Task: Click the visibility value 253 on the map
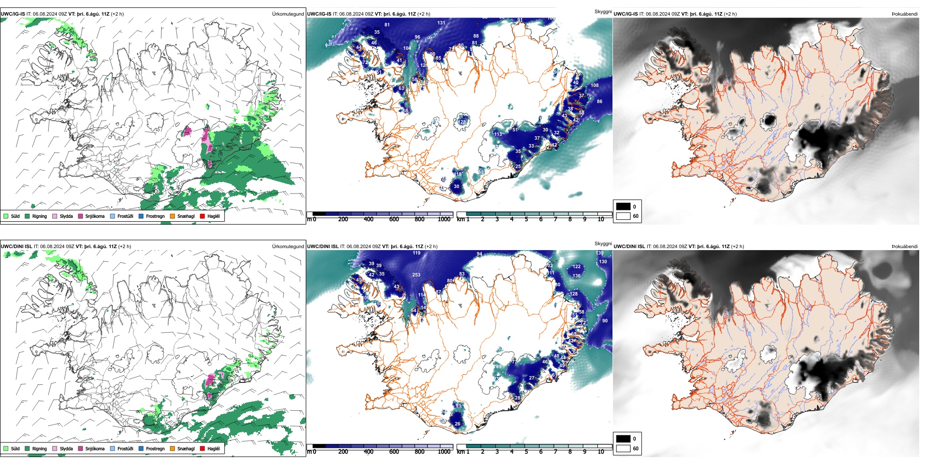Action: point(416,275)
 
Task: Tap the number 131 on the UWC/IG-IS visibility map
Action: point(441,23)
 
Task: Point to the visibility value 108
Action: point(594,85)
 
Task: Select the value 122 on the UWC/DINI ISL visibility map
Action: point(577,267)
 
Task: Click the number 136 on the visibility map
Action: point(576,276)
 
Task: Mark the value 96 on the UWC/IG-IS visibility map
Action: point(417,37)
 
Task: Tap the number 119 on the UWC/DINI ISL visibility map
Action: point(416,253)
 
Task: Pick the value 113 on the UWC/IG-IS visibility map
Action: point(498,134)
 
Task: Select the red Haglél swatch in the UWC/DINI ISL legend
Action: point(202,449)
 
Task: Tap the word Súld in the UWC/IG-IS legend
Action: point(15,216)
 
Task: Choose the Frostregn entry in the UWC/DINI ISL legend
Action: point(155,449)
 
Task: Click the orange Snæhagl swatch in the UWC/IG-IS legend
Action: point(172,216)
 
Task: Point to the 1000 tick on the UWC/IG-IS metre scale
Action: point(444,220)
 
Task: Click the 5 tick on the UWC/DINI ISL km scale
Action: point(526,452)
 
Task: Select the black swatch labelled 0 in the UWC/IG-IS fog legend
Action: point(623,207)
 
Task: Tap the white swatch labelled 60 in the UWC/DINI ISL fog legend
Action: point(623,448)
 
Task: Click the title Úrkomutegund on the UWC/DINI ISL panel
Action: point(288,247)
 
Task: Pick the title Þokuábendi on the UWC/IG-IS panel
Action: point(905,14)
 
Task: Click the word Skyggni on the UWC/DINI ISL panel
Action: point(603,244)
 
